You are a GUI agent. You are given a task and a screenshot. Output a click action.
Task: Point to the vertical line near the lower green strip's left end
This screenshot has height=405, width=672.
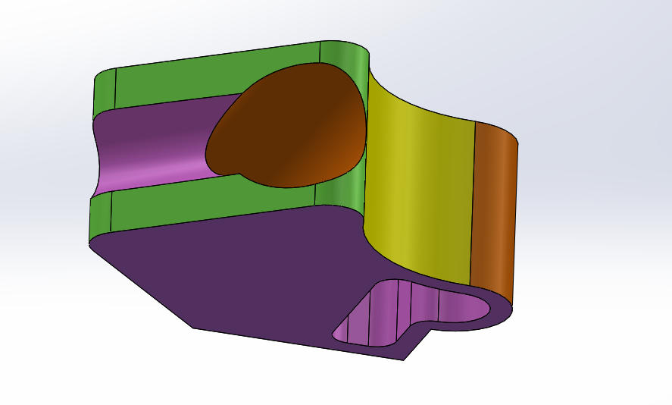click(112, 212)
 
